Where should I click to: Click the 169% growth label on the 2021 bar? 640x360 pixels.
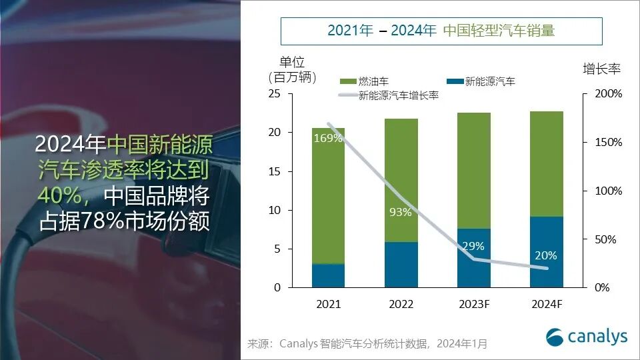coord(328,139)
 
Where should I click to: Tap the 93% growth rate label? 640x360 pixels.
coord(401,213)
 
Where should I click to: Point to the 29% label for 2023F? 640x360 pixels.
coord(473,246)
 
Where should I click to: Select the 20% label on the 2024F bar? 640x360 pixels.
coord(545,255)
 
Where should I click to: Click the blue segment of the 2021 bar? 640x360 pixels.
coord(328,275)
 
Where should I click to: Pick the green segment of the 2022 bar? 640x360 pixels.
coord(401,180)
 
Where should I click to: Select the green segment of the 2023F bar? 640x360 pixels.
coord(473,170)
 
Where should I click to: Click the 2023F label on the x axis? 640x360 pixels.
coord(473,305)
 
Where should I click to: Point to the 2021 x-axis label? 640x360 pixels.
coord(328,305)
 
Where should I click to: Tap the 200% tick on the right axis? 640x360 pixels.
coord(607,94)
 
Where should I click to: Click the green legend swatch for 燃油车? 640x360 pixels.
coord(347,81)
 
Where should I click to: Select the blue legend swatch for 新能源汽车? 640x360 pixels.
coord(455,81)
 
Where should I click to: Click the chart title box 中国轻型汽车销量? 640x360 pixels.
coord(441,31)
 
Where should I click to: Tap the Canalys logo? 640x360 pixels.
coord(587,337)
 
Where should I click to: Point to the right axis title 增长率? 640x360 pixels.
coord(602,69)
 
